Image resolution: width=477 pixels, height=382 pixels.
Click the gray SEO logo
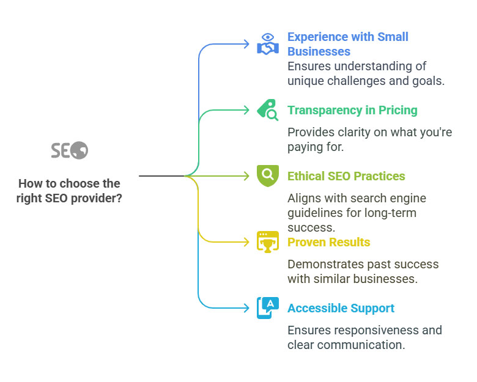click(69, 150)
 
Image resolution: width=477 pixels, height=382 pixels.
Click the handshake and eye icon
click(268, 45)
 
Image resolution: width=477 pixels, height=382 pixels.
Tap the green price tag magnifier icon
click(268, 110)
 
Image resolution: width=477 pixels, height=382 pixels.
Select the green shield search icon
click(268, 176)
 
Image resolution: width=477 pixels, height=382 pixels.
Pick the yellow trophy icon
click(268, 242)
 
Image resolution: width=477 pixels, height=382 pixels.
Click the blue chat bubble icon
click(268, 308)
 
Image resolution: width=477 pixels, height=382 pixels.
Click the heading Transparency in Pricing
click(352, 110)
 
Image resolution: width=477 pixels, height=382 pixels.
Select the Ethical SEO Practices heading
click(346, 176)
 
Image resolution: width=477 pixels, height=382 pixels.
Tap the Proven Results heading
click(328, 242)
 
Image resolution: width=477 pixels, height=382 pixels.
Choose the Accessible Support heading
click(341, 309)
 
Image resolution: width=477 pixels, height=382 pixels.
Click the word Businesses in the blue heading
click(319, 51)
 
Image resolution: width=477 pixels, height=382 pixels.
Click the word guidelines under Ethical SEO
click(317, 213)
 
